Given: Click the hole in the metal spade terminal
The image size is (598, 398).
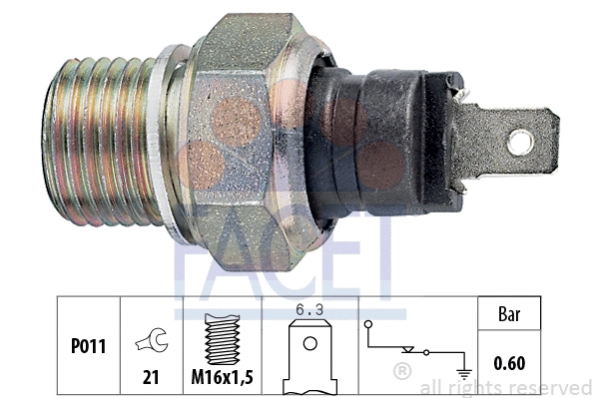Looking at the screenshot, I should pyautogui.click(x=520, y=142).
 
